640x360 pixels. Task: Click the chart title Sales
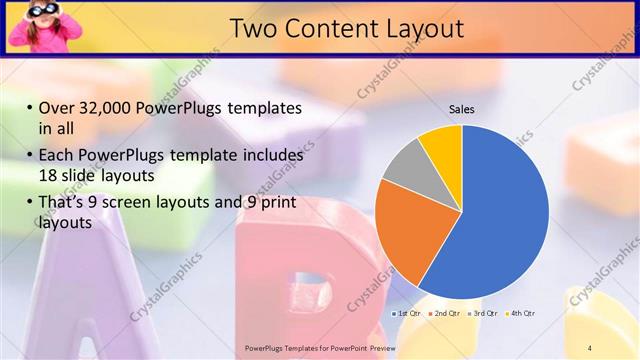tap(461, 109)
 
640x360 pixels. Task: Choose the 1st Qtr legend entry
tap(407, 314)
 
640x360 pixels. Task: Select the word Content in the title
tap(326, 28)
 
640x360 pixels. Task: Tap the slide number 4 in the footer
tap(590, 347)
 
